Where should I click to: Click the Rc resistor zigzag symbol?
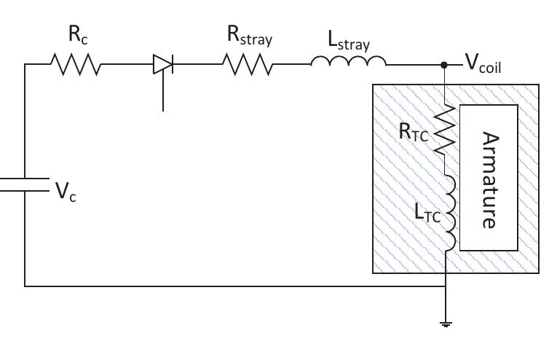76,65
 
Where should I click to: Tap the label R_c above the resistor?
76,34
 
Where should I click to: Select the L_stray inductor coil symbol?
348,63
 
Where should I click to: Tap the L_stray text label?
349,42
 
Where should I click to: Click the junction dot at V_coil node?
445,65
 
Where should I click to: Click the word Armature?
489,180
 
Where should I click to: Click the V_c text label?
66,192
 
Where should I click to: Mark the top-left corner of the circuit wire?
25,65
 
